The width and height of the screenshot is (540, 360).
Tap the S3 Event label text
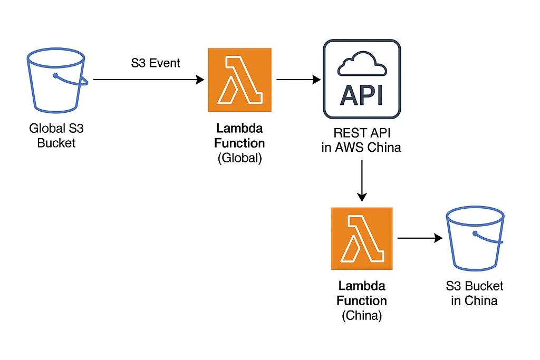pos(156,63)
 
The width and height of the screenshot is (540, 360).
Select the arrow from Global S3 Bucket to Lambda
pos(148,80)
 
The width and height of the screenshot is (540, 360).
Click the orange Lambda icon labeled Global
pos(240,80)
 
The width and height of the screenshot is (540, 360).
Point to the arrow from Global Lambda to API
pos(298,80)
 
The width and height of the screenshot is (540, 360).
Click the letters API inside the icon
pos(362,95)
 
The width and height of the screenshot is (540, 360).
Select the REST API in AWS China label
pos(362,140)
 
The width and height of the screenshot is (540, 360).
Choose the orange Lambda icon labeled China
pos(362,238)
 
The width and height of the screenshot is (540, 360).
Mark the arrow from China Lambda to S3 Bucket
pos(419,238)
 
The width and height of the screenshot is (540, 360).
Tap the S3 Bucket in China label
pos(474,293)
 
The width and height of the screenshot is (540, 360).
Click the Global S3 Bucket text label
pos(56,135)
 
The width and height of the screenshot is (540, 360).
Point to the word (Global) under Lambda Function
pos(240,158)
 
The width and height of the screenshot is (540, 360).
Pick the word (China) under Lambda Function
pos(362,316)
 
